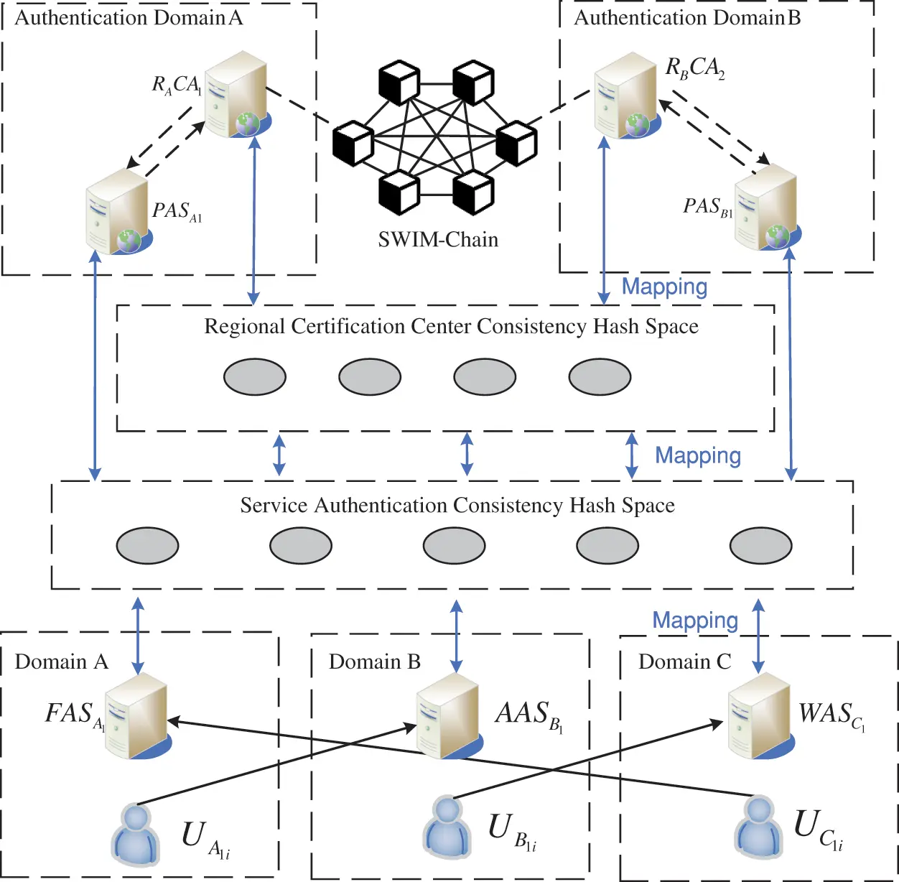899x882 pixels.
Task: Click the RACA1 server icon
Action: [x=237, y=94]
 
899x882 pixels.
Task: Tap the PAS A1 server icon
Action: [x=118, y=212]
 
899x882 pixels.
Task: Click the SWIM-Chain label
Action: [x=438, y=239]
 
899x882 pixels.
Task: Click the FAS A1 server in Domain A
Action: [x=136, y=716]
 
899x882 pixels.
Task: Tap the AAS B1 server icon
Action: [x=448, y=716]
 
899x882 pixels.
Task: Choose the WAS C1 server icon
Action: [x=759, y=716]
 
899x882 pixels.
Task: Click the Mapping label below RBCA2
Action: [x=664, y=287]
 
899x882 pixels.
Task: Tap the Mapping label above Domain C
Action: [x=694, y=621]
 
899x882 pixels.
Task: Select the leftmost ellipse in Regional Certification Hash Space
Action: [x=255, y=377]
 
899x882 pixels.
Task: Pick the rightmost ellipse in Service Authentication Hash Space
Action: [x=760, y=546]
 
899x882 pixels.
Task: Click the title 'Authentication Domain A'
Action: [x=129, y=18]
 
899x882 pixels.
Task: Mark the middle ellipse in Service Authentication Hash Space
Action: [x=454, y=546]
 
